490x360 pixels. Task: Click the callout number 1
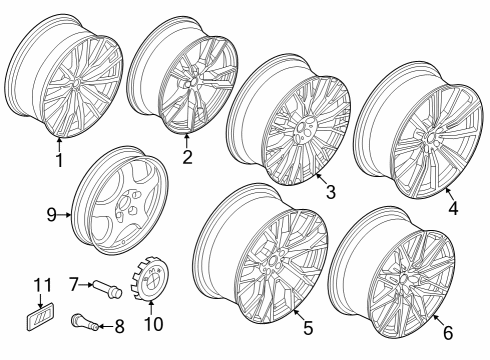click(x=58, y=158)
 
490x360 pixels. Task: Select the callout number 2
click(x=186, y=158)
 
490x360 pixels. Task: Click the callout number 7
click(x=72, y=285)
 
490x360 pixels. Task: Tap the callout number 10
click(x=153, y=322)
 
